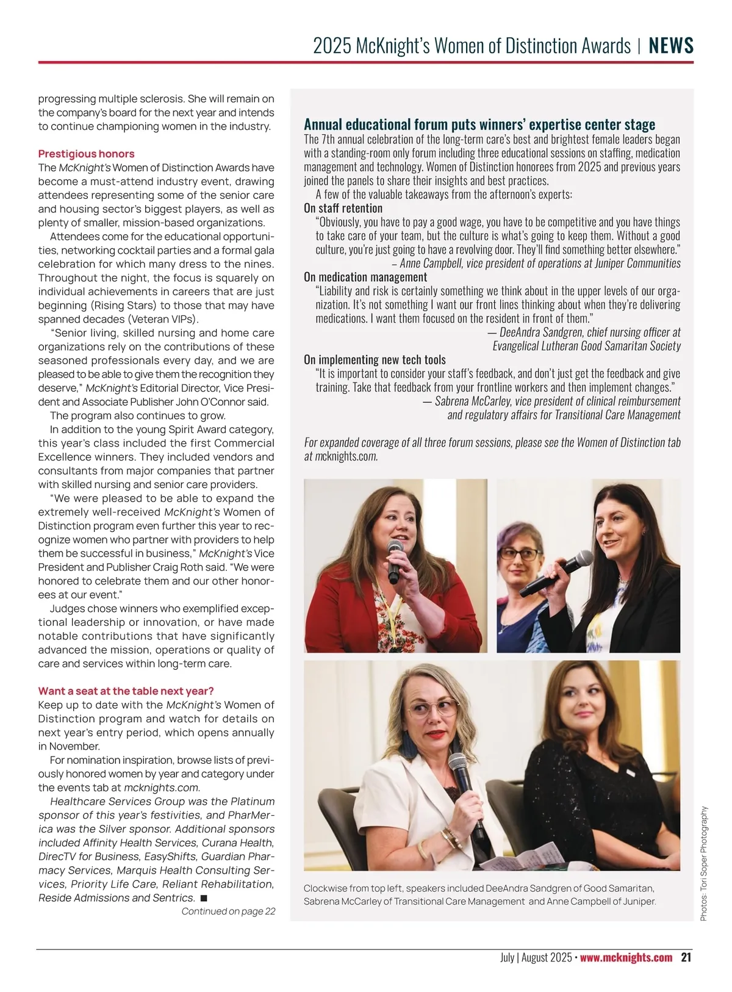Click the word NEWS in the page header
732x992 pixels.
click(671, 46)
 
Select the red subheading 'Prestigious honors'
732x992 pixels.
click(86, 154)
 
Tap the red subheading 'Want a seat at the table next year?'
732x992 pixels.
click(126, 691)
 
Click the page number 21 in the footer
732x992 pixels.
click(686, 957)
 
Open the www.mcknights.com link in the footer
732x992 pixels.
click(626, 957)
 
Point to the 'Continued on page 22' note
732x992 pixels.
click(228, 911)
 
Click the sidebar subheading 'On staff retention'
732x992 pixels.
click(343, 208)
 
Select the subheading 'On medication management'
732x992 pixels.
click(365, 277)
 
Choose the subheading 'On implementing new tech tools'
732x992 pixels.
click(375, 360)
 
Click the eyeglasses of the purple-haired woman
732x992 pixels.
click(520, 555)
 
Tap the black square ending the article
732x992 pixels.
click(204, 898)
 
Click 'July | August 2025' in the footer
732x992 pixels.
click(536, 957)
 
